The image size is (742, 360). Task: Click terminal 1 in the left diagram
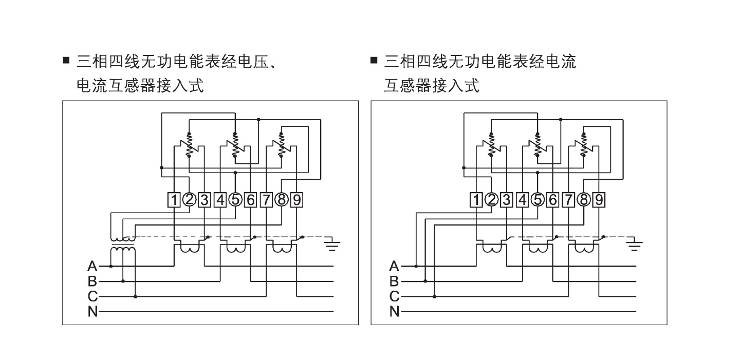pos(175,199)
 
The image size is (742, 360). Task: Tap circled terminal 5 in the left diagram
pos(235,199)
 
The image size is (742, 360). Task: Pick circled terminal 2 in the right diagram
pos(492,199)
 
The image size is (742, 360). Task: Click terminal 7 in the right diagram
pos(568,199)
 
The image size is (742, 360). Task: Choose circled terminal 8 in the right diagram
pos(583,199)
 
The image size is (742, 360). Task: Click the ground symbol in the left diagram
pos(332,245)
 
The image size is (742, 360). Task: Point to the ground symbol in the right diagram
pos(635,245)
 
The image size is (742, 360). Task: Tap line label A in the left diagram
pos(92,266)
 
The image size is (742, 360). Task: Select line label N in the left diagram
pos(92,311)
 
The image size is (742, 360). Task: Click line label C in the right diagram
pos(394,296)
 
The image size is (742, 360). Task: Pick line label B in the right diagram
pos(394,281)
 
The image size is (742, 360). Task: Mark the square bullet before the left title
pos(66,61)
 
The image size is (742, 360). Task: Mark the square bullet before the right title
pos(374,61)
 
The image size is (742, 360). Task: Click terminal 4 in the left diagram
pos(220,199)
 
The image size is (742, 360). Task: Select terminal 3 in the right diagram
pos(507,199)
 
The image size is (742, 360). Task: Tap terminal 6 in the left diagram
pos(251,199)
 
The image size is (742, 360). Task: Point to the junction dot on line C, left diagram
pos(135,296)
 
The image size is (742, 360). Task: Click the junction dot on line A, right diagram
pos(416,266)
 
